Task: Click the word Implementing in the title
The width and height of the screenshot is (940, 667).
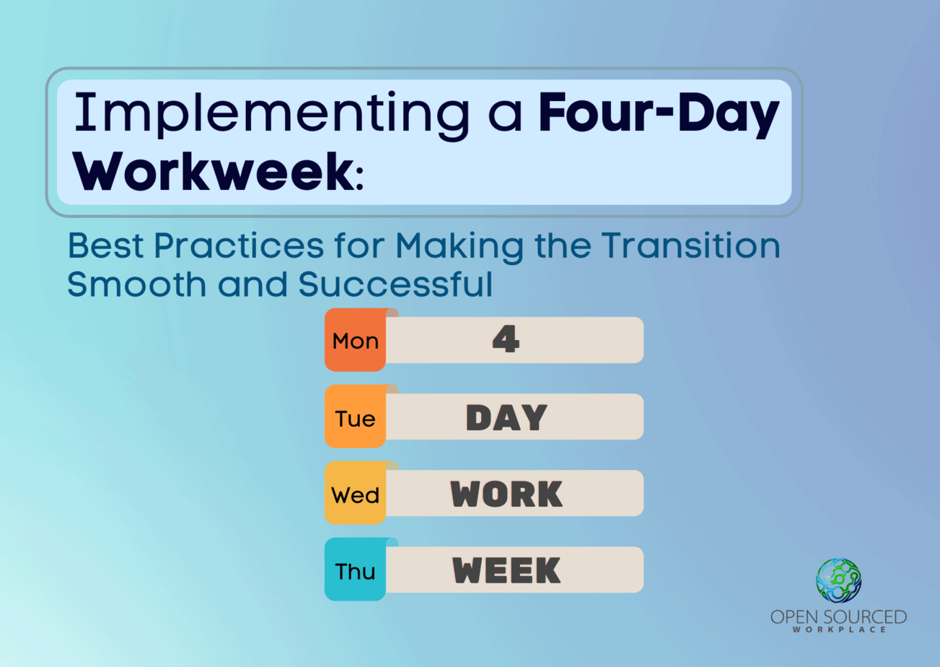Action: pyautogui.click(x=271, y=115)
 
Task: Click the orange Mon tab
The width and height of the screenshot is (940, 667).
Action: pyautogui.click(x=355, y=340)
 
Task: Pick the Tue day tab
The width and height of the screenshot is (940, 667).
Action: pyautogui.click(x=355, y=417)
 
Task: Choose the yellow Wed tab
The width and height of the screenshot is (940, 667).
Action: pyautogui.click(x=355, y=493)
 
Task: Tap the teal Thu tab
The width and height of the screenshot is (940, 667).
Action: pyautogui.click(x=355, y=569)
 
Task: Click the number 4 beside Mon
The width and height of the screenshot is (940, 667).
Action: pyautogui.click(x=506, y=339)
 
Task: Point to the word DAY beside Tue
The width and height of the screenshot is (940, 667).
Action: pyautogui.click(x=506, y=417)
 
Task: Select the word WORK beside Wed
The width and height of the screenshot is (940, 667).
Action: pyautogui.click(x=506, y=494)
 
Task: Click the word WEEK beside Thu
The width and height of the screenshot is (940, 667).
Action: pyautogui.click(x=506, y=570)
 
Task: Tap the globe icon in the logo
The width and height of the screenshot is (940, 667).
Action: pyautogui.click(x=838, y=580)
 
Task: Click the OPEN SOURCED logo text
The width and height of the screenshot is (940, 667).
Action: pyautogui.click(x=838, y=617)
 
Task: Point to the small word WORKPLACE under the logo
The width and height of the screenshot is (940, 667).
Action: pyautogui.click(x=839, y=629)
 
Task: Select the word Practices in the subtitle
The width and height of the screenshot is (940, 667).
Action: pyautogui.click(x=239, y=245)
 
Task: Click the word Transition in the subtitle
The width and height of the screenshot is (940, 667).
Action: pyautogui.click(x=690, y=245)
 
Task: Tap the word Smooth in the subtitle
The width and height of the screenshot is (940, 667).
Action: pyautogui.click(x=136, y=284)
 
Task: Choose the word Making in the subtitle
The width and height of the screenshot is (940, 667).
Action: pyautogui.click(x=460, y=248)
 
